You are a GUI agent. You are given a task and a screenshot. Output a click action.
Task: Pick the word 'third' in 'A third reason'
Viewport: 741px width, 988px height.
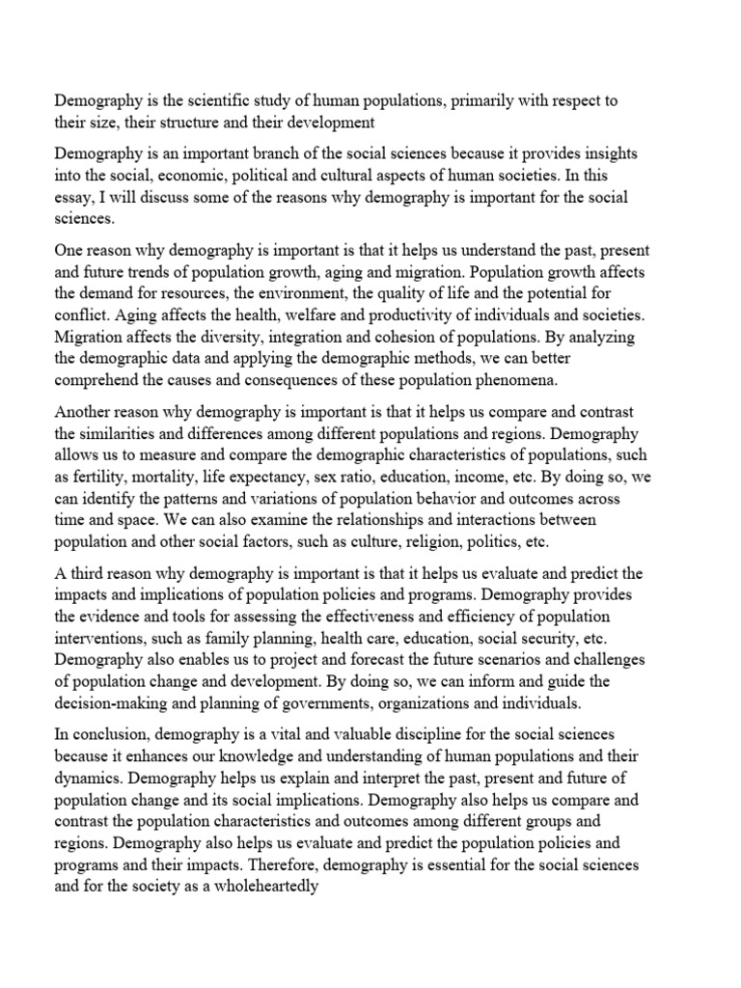(x=90, y=574)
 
